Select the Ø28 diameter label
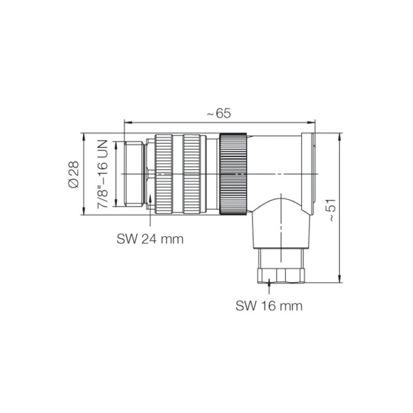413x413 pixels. pyautogui.click(x=74, y=173)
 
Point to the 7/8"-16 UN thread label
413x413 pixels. pyautogui.click(x=104, y=174)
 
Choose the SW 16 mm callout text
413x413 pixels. pyautogui.click(x=269, y=306)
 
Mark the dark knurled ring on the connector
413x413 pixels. pyautogui.click(x=234, y=174)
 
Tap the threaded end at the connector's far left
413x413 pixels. pyautogui.click(x=134, y=174)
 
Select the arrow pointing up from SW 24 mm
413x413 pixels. pyautogui.click(x=150, y=199)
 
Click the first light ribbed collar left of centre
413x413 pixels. pyautogui.click(x=165, y=174)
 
